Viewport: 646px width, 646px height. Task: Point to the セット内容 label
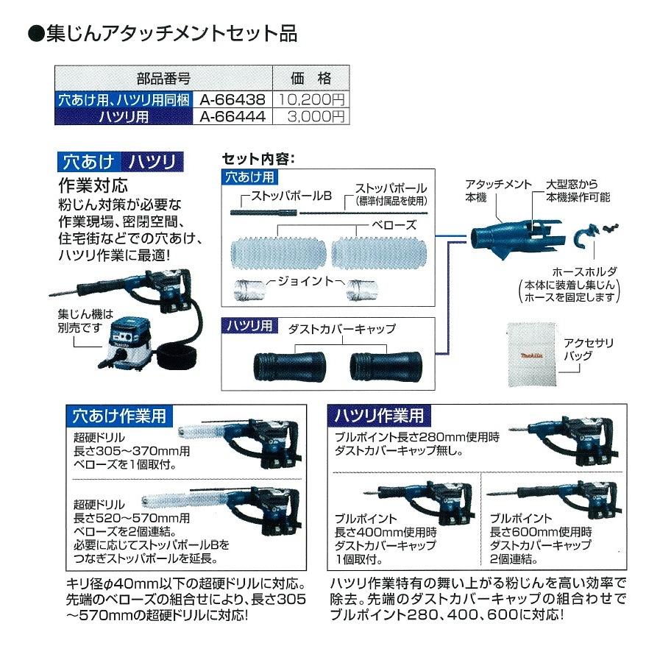[x=258, y=159]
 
